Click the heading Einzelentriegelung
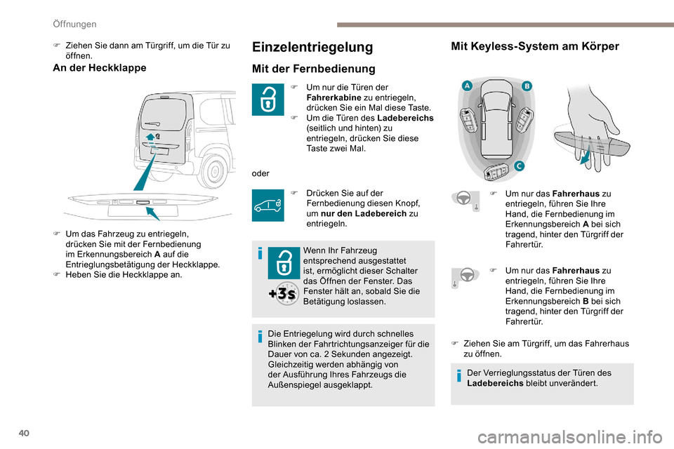312,47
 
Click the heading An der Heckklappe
100,68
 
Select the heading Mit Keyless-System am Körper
535,47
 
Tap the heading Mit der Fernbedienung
314,69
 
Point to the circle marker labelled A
465,86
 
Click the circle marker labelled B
527,86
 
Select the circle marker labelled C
518,166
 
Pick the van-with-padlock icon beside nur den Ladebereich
268,206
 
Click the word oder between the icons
260,173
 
